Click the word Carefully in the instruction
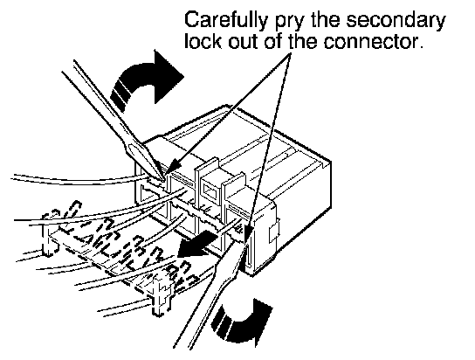(x=226, y=21)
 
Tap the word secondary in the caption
(x=396, y=21)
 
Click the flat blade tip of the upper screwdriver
(x=162, y=179)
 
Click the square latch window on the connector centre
(x=210, y=190)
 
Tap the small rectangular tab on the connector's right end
(x=273, y=232)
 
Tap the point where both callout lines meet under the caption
(x=290, y=54)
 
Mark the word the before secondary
(x=326, y=21)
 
